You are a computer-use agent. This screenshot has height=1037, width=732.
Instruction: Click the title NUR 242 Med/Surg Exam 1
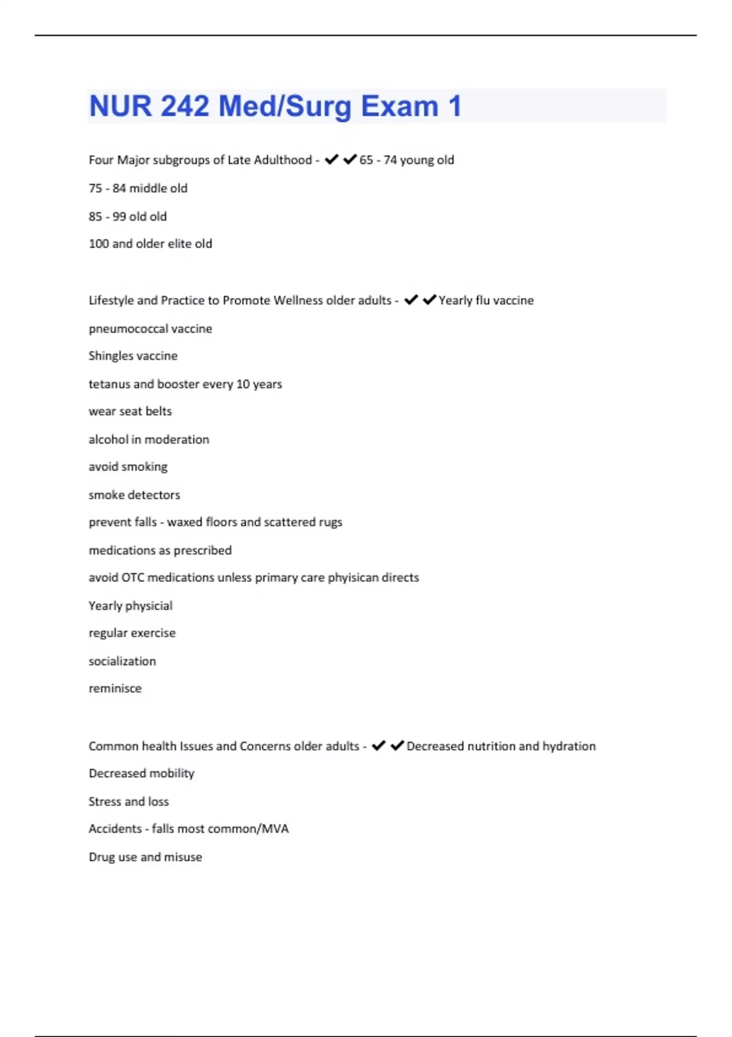275,106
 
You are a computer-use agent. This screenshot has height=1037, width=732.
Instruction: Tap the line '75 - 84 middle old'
138,188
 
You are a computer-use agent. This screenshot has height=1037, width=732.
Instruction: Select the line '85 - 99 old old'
127,217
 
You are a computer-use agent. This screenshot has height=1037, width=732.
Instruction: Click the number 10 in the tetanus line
243,384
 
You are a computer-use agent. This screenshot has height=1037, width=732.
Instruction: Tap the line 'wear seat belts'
130,412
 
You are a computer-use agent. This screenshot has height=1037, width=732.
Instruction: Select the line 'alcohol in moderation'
149,440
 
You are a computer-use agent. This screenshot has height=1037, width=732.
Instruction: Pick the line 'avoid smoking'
128,467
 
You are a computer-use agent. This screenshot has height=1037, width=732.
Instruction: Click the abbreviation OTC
133,578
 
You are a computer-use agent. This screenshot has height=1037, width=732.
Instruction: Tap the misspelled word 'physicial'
149,606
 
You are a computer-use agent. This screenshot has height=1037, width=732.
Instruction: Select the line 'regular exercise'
132,633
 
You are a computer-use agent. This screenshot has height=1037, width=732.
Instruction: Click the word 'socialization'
122,661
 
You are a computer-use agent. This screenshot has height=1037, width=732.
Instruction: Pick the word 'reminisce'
115,689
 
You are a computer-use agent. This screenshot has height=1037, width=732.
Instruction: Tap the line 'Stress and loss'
129,802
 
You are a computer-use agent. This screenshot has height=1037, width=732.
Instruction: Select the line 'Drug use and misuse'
145,857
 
